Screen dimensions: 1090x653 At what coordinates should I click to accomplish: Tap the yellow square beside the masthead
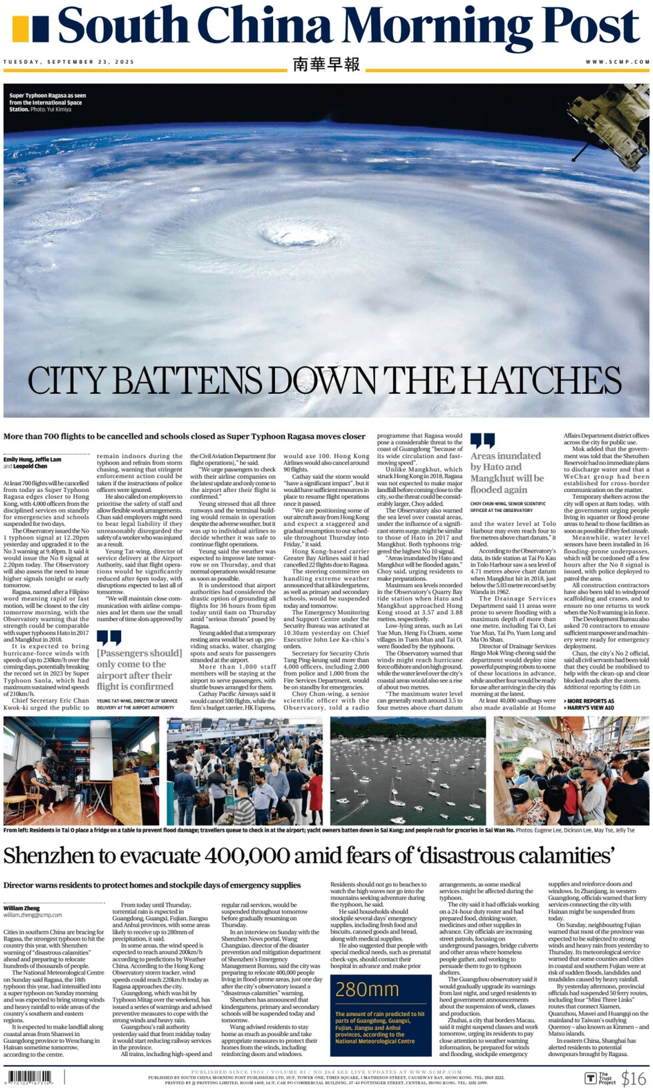point(21,29)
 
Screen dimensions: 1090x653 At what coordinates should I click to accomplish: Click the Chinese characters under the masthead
point(326,64)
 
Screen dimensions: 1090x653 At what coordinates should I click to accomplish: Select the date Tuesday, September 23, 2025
point(69,62)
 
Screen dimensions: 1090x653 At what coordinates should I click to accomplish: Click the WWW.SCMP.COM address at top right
point(617,62)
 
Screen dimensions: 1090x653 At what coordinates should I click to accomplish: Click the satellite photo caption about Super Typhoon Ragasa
point(47,102)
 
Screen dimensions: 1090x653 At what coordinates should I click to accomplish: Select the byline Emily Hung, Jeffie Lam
point(32,459)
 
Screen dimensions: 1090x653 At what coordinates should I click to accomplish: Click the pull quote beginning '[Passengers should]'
point(139,669)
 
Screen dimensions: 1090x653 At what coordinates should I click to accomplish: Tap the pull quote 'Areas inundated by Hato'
point(507,472)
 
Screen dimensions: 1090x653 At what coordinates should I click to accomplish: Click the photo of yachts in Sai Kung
point(408,771)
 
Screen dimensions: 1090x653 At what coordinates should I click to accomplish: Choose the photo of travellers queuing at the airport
point(244,771)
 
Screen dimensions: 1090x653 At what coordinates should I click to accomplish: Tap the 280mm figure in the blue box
point(367,990)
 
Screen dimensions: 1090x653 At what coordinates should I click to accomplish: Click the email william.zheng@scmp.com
point(33,915)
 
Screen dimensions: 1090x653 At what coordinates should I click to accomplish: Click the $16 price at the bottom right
point(633,1077)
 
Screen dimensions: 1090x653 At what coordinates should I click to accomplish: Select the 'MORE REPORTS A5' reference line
point(589,701)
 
